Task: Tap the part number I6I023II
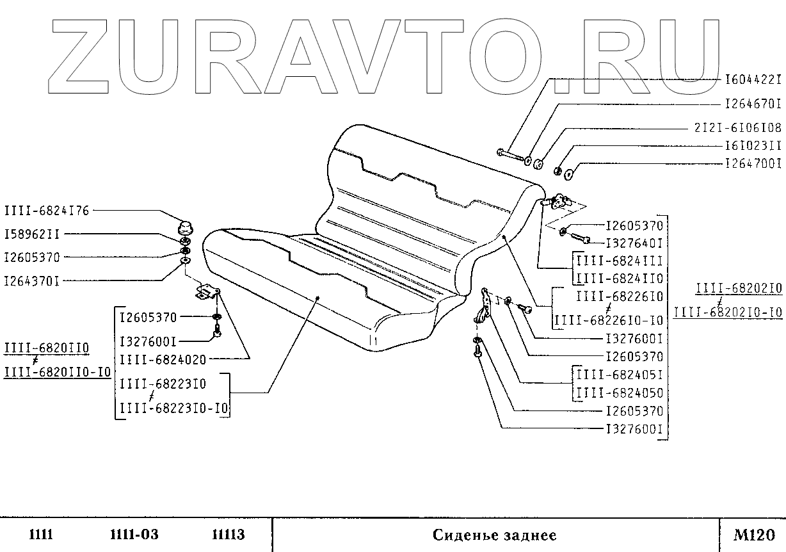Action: coord(753,146)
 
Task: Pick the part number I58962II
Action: coord(32,234)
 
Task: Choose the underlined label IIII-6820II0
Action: coord(47,348)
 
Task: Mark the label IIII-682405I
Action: coord(620,375)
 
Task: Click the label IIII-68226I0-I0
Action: coord(609,320)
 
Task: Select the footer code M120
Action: coord(754,534)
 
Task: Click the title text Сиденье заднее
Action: coord(494,535)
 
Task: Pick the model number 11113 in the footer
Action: coord(229,534)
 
